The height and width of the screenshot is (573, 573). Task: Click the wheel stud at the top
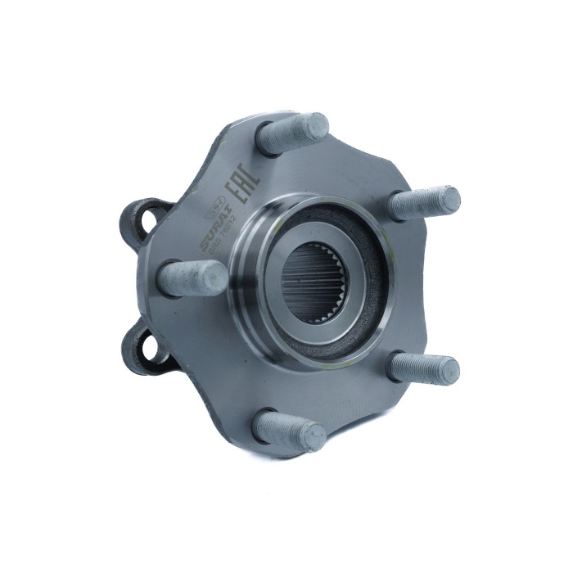[x=293, y=133]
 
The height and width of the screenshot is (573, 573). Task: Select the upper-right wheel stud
[x=423, y=202]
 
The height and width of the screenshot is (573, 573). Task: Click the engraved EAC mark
[x=246, y=187]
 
